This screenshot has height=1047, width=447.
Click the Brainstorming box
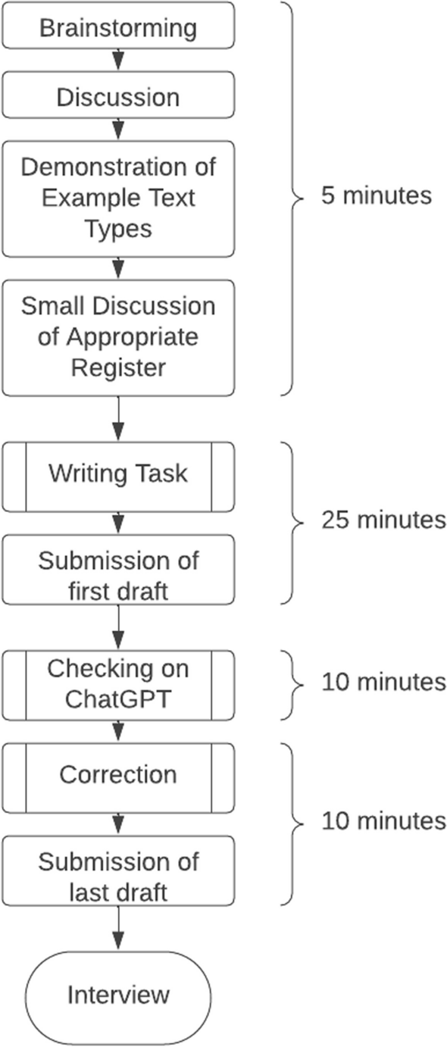tap(118, 28)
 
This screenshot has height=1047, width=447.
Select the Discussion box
tap(118, 97)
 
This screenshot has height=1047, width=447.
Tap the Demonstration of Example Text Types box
tap(118, 197)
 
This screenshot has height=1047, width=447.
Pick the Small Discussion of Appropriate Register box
tap(118, 337)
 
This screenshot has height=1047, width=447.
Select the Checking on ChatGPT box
tap(118, 683)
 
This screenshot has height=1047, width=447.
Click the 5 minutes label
tap(366, 195)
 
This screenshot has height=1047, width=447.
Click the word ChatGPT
tap(118, 698)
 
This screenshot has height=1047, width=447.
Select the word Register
tap(118, 367)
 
